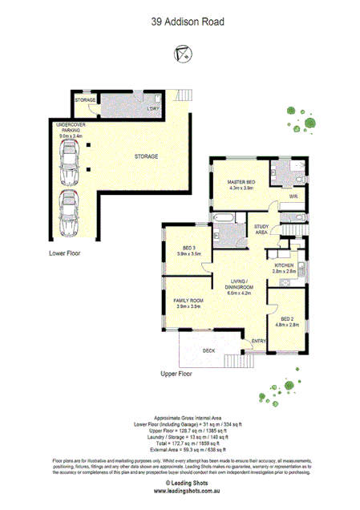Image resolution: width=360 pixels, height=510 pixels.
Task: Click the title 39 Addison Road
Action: pyautogui.click(x=180, y=24)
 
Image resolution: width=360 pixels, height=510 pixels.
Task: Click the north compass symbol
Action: pyautogui.click(x=180, y=55)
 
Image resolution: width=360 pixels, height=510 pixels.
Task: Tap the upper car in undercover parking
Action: pyautogui.click(x=70, y=164)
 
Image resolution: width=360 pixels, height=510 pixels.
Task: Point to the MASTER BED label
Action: pyautogui.click(x=241, y=183)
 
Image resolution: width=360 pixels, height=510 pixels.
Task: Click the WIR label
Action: pyautogui.click(x=293, y=196)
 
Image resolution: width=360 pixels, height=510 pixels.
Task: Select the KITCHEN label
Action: pyautogui.click(x=285, y=265)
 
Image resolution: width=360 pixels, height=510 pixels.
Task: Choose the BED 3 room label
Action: pyautogui.click(x=189, y=248)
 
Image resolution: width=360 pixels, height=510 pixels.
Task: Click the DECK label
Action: pyautogui.click(x=208, y=350)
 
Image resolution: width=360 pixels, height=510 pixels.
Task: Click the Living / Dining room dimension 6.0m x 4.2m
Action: pyautogui.click(x=239, y=293)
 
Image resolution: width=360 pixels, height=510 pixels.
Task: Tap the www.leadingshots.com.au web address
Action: pyautogui.click(x=180, y=491)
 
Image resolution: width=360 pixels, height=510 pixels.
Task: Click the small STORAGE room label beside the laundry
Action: pyautogui.click(x=85, y=100)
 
